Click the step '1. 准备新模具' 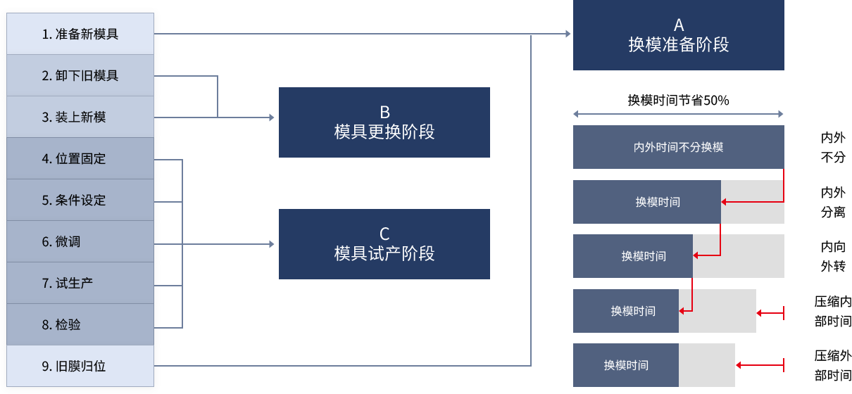point(80,34)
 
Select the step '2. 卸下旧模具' point(80,75)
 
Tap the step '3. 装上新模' point(80,117)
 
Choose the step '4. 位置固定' point(80,158)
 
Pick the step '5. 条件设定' point(80,200)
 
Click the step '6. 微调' point(80,241)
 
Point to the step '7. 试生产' point(80,283)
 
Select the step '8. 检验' point(80,324)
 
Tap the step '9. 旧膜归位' point(80,366)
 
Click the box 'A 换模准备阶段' point(678,35)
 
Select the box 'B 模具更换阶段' point(384,122)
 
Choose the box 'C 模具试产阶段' point(384,243)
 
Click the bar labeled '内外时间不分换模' point(678,147)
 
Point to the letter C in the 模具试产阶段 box point(384,234)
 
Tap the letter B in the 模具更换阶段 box point(384,112)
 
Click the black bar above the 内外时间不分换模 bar point(678,99)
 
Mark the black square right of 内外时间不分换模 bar point(833,147)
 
